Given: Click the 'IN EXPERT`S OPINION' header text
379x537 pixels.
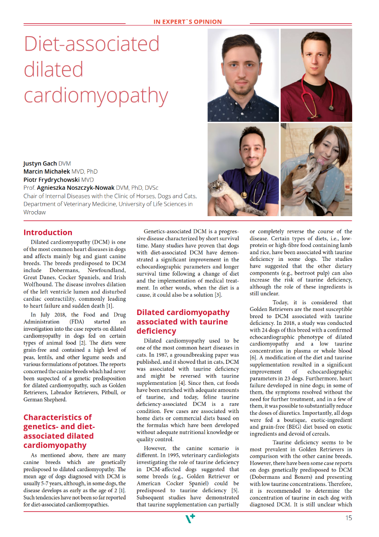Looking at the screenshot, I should [x=188, y=21].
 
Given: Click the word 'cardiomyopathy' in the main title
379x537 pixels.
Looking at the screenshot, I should [x=96, y=95].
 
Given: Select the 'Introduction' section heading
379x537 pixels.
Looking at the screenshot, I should [x=48, y=232].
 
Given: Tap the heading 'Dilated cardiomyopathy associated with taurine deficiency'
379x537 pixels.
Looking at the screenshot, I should [x=183, y=321].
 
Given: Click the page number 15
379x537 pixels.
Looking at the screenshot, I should [x=348, y=518].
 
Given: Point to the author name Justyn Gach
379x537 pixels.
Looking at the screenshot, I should [x=40, y=164].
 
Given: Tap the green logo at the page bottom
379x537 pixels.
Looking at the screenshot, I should [x=190, y=518].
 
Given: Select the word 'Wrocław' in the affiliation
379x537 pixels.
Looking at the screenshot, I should [x=34, y=212].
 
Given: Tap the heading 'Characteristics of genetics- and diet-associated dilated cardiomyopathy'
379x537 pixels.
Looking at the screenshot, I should [x=59, y=431].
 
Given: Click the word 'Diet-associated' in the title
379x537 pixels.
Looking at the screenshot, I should [x=92, y=44].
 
